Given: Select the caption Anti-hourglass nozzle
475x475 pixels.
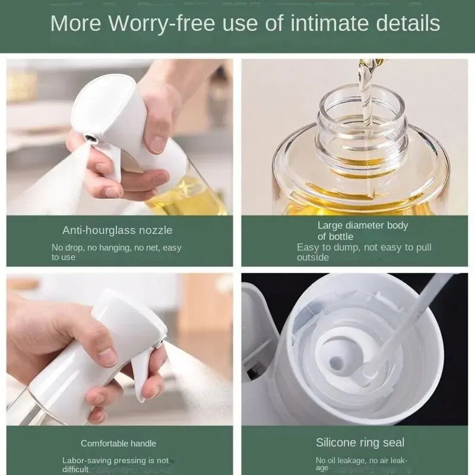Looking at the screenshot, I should click(117, 230).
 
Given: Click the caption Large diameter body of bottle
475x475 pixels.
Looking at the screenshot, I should click(362, 231).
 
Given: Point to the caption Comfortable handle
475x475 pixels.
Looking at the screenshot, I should click(118, 444).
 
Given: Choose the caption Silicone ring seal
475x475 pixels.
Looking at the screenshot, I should click(360, 442).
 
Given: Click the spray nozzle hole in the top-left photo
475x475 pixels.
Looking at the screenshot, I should click(90, 138).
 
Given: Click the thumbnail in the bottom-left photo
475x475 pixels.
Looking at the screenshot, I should click(107, 356).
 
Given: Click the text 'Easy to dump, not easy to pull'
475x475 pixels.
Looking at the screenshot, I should click(364, 248).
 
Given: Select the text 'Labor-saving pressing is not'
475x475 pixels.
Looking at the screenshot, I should click(115, 460).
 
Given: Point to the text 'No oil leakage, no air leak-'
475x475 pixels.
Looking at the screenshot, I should click(362, 460).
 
